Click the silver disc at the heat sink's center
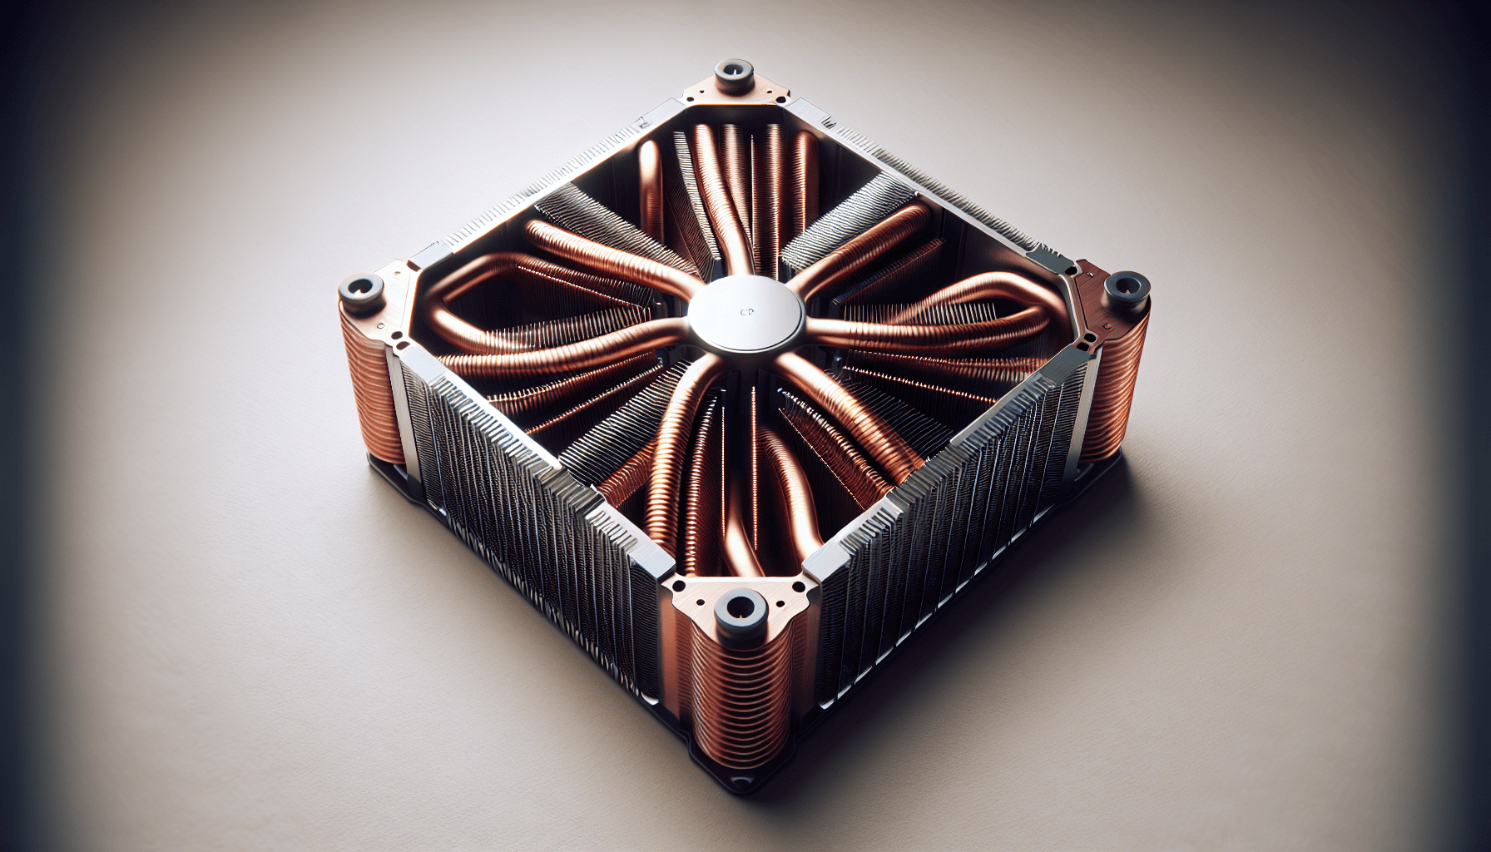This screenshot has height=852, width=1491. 745,315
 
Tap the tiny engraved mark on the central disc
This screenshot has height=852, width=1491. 746,313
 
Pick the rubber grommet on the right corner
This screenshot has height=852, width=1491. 1127,287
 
